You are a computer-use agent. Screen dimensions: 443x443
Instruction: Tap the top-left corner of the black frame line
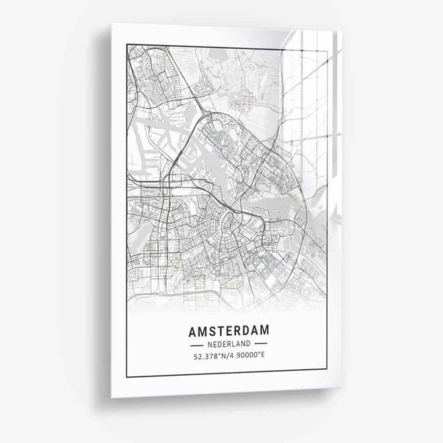coord(127,45)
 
